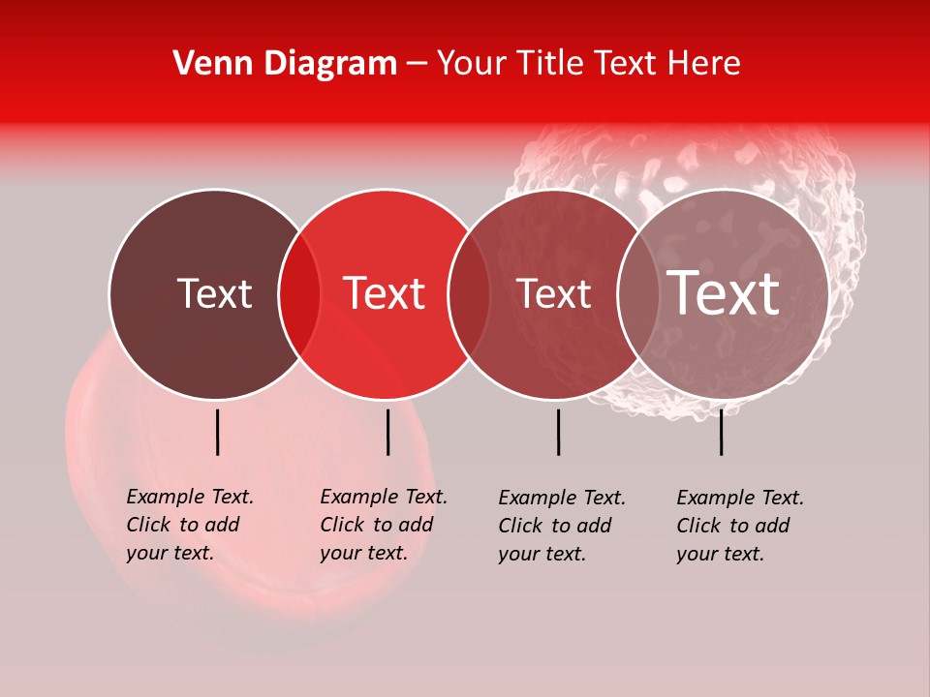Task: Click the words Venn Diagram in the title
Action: (285, 64)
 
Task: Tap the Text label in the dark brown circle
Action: (214, 293)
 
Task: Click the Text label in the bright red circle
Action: (384, 293)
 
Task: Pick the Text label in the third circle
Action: (553, 293)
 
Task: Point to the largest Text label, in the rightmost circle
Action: (723, 293)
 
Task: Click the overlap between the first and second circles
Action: (299, 293)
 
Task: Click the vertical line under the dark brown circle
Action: (217, 432)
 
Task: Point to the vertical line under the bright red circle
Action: (387, 432)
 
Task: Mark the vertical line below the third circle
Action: (558, 432)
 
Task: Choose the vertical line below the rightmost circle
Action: (721, 432)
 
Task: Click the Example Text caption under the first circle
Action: (190, 525)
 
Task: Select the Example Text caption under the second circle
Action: (384, 525)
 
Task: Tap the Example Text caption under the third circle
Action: (562, 526)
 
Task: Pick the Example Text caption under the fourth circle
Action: (740, 526)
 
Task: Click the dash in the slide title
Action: (417, 65)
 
